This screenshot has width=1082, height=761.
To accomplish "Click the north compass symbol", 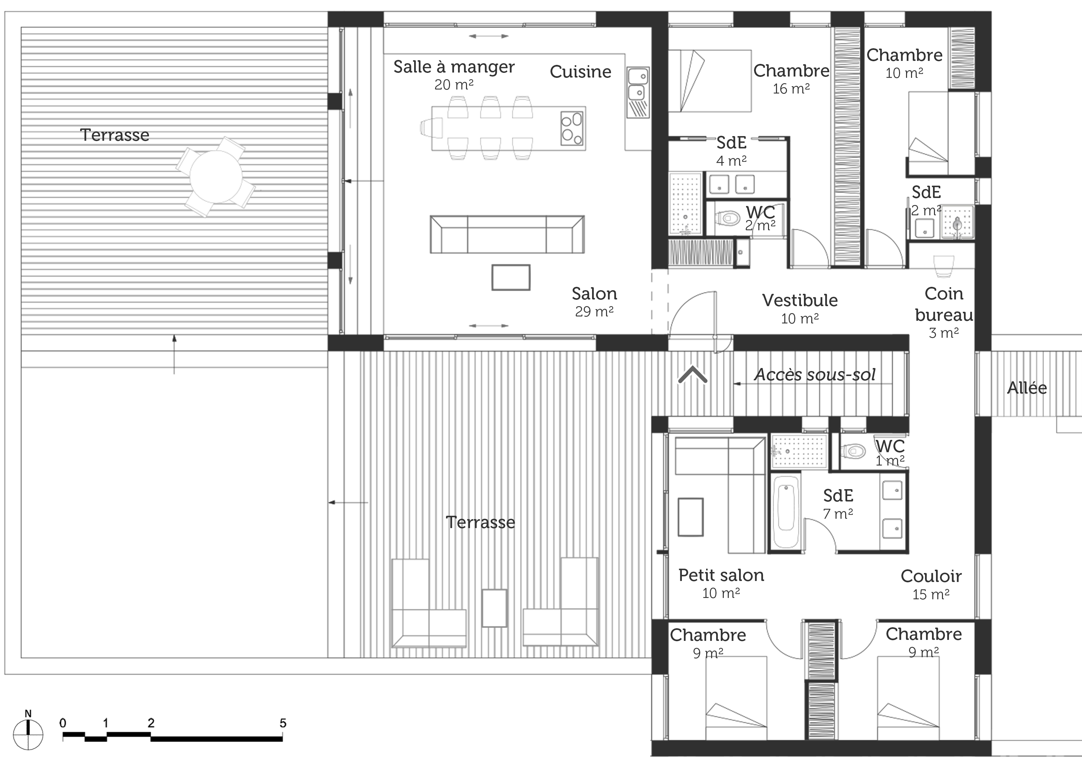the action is click(28, 734).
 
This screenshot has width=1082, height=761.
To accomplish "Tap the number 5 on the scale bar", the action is click(283, 723).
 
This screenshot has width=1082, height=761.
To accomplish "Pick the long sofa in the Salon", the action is click(507, 234).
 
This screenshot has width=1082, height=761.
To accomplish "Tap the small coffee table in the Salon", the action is click(511, 277).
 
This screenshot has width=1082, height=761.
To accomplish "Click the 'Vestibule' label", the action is click(800, 300).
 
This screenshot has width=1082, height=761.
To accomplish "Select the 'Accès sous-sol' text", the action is click(815, 375).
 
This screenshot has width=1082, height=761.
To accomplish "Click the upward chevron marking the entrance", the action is click(692, 375).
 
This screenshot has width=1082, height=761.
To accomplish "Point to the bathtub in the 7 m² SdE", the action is click(786, 511).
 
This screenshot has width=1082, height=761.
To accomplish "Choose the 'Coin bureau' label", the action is click(943, 304).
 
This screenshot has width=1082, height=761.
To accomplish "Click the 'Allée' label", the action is click(1027, 388).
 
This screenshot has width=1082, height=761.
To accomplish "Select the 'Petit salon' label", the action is click(721, 575).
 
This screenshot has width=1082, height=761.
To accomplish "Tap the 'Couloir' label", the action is click(931, 576).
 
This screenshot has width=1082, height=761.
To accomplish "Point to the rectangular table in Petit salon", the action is click(691, 517).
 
